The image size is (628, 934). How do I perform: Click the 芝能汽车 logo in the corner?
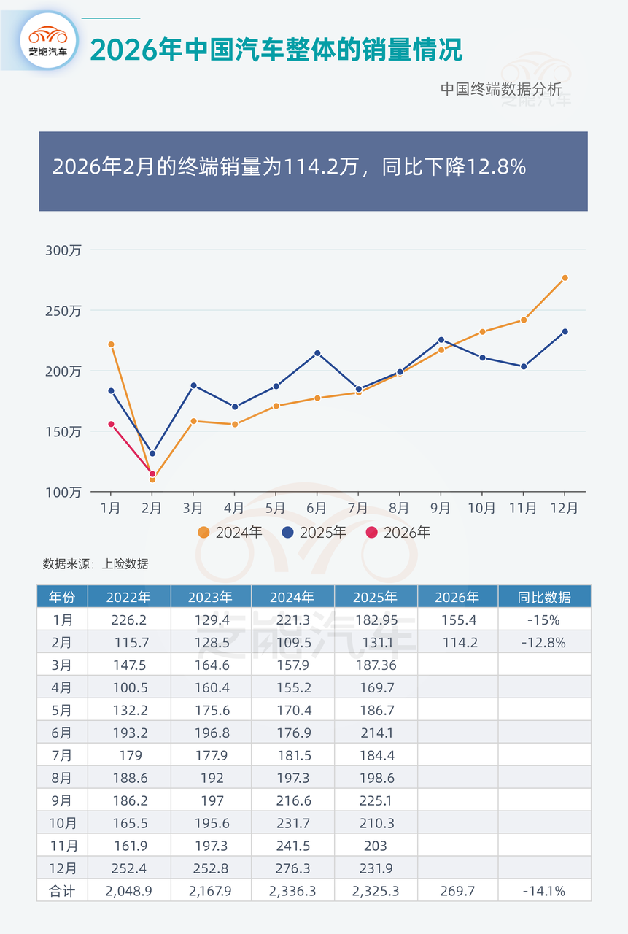click(49, 41)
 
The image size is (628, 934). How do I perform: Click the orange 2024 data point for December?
click(565, 278)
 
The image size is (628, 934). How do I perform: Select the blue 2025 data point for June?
click(317, 353)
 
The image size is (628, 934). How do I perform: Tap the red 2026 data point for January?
click(111, 424)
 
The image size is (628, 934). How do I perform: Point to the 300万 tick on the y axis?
click(63, 250)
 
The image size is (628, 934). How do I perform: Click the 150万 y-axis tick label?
click(63, 431)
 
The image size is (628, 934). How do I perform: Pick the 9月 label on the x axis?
click(441, 508)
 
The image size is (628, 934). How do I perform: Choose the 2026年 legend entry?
click(398, 533)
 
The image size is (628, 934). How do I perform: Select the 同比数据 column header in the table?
click(544, 597)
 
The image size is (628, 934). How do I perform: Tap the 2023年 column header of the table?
click(210, 597)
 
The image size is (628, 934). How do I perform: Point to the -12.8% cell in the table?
click(544, 643)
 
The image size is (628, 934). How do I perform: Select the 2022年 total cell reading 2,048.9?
click(128, 890)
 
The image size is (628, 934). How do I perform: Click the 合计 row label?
click(62, 890)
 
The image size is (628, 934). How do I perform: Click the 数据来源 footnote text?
click(96, 564)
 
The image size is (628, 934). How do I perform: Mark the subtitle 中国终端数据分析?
click(501, 89)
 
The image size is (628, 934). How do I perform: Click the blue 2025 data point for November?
click(523, 366)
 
